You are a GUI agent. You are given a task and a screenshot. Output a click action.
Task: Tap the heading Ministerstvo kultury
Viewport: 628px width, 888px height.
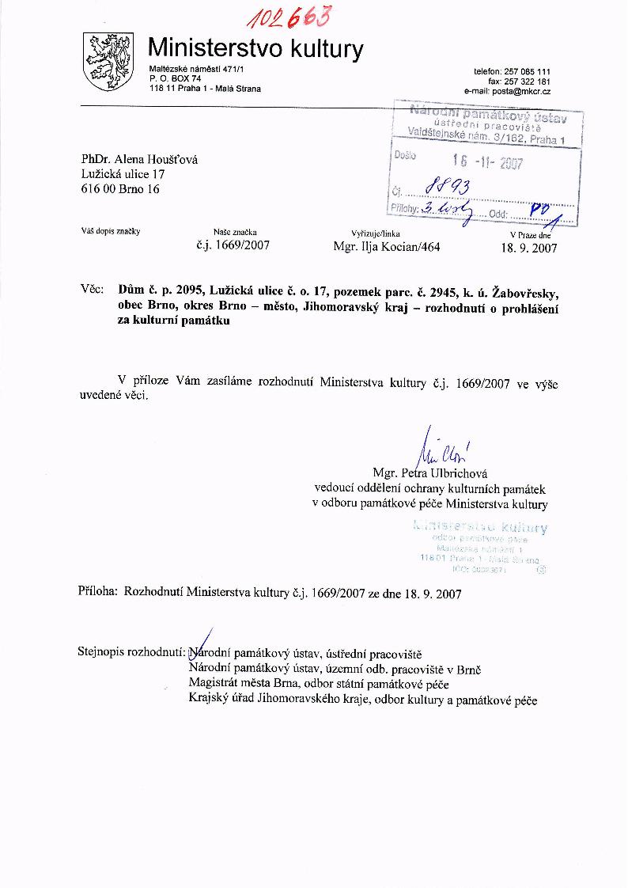(x=256, y=49)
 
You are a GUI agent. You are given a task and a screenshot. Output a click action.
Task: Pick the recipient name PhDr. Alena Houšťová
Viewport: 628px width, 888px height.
(x=140, y=159)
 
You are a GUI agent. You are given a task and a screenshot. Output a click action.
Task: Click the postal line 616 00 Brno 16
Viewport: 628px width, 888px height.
(x=120, y=189)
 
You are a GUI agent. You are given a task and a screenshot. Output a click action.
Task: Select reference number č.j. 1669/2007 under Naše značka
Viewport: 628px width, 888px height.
(x=233, y=246)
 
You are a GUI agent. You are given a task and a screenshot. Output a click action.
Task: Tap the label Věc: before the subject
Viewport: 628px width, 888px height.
(x=93, y=290)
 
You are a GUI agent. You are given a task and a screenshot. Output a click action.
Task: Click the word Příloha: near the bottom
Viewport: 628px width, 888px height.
(x=99, y=591)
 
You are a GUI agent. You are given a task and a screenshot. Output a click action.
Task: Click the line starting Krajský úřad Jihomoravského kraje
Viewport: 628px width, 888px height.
(x=363, y=700)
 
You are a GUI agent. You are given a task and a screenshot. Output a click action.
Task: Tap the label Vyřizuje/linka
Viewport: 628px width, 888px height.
(x=376, y=233)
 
